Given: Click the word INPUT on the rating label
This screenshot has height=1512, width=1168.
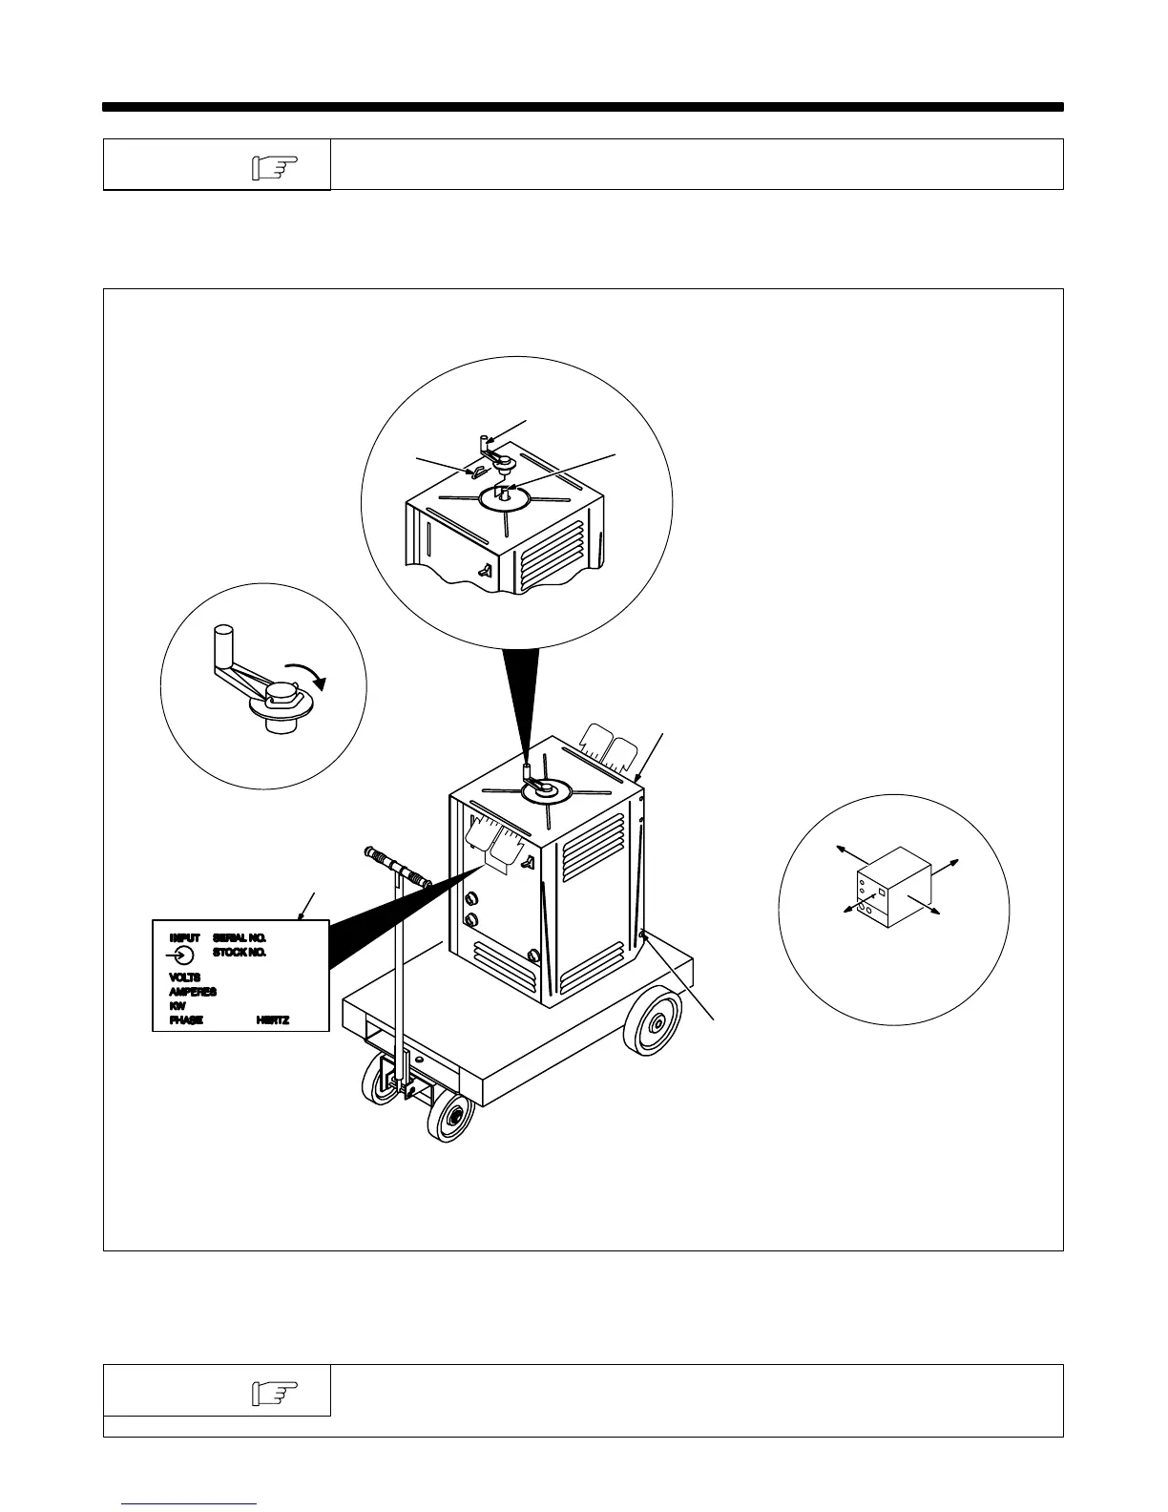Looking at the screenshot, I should point(185,938).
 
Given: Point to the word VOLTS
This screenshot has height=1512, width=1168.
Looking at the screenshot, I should point(185,977).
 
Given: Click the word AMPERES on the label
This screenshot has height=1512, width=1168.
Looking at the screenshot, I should point(193,992).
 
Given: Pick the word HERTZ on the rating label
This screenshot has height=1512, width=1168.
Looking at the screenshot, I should point(273,1020).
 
